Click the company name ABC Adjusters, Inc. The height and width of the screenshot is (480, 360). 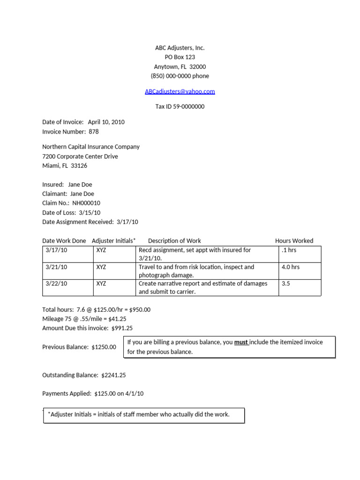pos(180,48)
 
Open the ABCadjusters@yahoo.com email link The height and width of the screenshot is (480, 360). pos(180,91)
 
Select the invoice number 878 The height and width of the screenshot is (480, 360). pos(94,132)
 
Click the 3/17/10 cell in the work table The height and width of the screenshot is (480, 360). pos(57,250)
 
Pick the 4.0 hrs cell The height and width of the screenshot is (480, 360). pos(291,267)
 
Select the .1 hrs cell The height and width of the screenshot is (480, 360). pos(289,250)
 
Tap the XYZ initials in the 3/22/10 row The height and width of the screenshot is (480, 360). pos(101,283)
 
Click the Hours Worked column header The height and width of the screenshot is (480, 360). pos(294,240)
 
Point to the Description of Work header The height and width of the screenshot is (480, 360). pos(174,240)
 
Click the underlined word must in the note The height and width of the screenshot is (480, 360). pos(241,342)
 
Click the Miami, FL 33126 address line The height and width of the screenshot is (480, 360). pos(65,165)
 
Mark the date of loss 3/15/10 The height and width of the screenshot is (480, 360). pos(90,212)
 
